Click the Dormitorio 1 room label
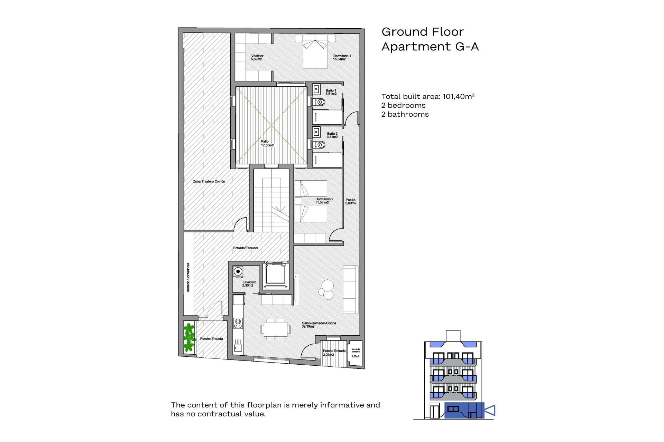click(342, 57)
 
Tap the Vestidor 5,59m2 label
click(257, 57)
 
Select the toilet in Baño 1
click(320, 102)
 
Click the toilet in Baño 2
click(320, 145)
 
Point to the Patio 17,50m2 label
click(267, 143)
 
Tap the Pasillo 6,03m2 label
click(350, 202)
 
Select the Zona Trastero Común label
click(209, 181)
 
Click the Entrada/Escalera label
click(246, 248)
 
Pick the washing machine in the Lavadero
click(238, 272)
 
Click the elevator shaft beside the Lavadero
click(275, 275)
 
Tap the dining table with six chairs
click(275, 329)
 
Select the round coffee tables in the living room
click(326, 289)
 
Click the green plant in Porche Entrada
click(189, 337)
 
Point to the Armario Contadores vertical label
click(188, 277)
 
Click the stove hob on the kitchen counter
click(238, 323)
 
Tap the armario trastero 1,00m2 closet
click(356, 353)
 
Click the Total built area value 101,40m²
click(458, 97)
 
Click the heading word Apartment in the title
click(416, 47)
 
